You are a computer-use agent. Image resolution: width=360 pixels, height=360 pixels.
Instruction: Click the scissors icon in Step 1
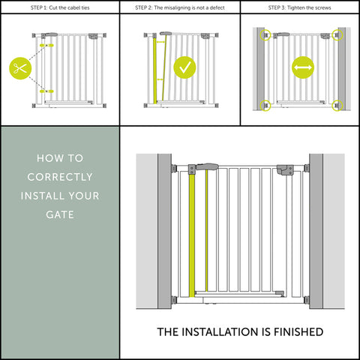[19, 68]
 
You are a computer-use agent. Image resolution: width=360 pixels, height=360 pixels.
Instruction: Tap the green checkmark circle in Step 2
[185, 68]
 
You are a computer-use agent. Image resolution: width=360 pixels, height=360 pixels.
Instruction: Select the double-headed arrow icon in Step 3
[303, 68]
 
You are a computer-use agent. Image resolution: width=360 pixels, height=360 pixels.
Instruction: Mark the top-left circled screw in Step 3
[263, 35]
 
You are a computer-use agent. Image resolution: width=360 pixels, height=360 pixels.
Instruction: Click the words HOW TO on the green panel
[60, 158]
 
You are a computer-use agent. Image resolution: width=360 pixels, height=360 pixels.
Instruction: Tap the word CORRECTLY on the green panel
[60, 178]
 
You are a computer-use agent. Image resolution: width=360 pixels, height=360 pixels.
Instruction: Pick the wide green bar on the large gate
[200, 232]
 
